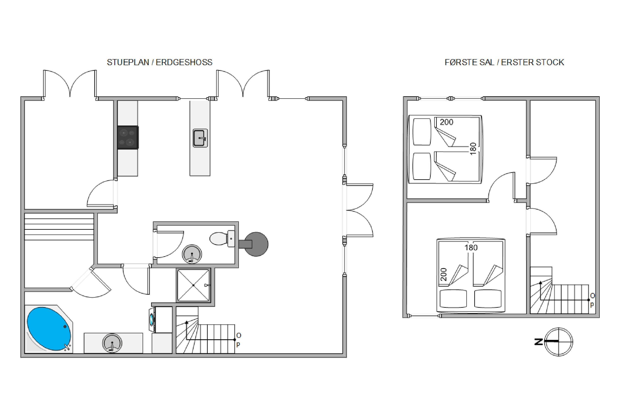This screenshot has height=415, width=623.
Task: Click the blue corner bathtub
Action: click(49, 329)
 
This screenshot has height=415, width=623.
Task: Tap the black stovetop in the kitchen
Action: click(128, 137)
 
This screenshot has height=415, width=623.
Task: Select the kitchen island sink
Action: click(200, 138)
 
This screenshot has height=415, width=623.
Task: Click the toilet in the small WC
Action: click(222, 238)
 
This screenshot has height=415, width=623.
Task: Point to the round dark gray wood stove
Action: click(256, 244)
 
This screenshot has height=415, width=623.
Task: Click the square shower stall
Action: click(194, 285)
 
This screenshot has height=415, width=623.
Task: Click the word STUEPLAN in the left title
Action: click(128, 62)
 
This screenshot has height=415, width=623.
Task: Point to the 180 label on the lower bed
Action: click(471, 248)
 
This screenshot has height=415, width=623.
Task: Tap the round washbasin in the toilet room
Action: click(192, 254)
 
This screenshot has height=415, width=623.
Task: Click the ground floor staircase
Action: click(206, 330)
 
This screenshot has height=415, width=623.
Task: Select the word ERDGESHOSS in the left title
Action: click(184, 62)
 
